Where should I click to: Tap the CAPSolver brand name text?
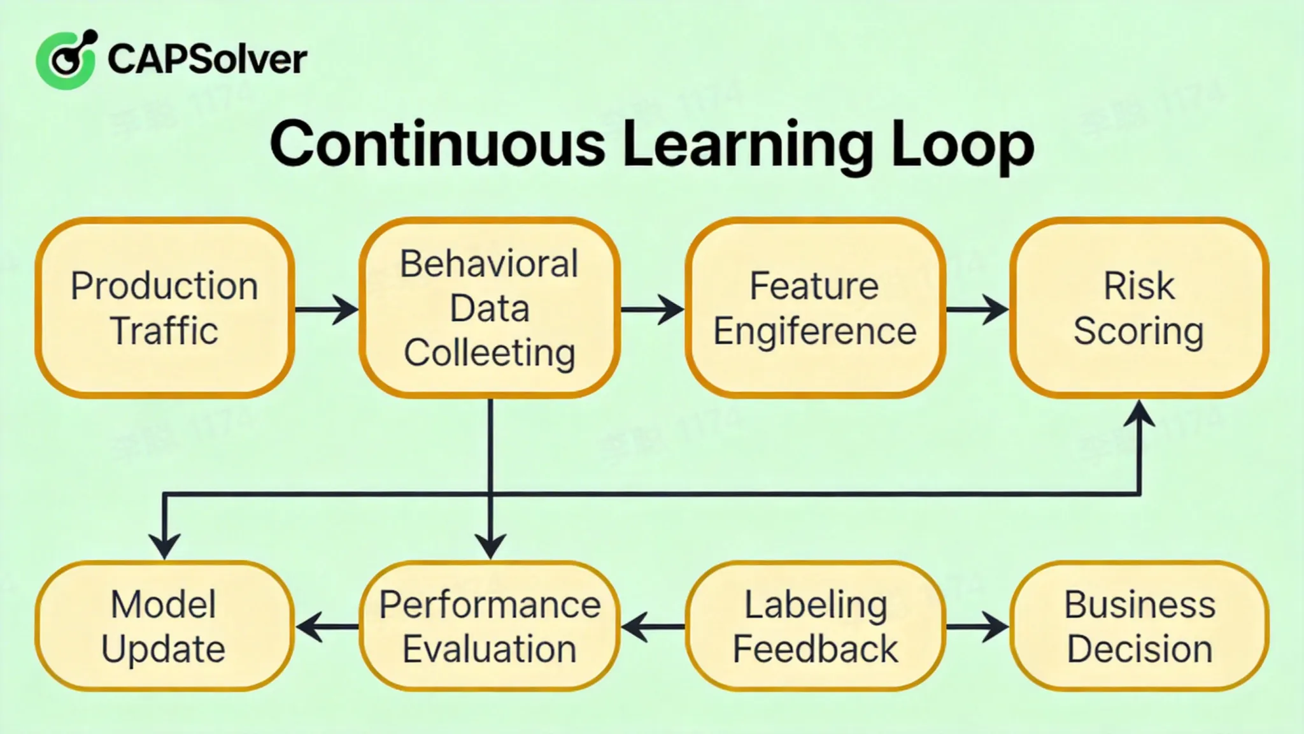point(207,60)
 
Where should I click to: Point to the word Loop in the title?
point(962,145)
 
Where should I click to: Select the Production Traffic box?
point(164,308)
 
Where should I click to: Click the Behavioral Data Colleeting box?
point(490,308)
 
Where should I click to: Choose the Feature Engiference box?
point(814,308)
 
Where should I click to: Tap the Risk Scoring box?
point(1138,308)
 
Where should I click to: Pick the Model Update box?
point(164,626)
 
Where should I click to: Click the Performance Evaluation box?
point(490,626)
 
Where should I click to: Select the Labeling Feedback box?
point(814,626)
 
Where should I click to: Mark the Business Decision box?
point(1138,626)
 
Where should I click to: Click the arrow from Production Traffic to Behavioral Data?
point(327,310)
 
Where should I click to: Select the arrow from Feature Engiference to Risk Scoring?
point(977,310)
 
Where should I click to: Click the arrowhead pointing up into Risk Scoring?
point(1139,414)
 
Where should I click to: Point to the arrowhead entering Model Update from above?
point(164,545)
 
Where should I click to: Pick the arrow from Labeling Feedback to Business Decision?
point(977,627)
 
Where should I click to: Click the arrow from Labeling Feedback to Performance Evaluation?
point(653,627)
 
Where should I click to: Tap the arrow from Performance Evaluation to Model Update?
point(327,627)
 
